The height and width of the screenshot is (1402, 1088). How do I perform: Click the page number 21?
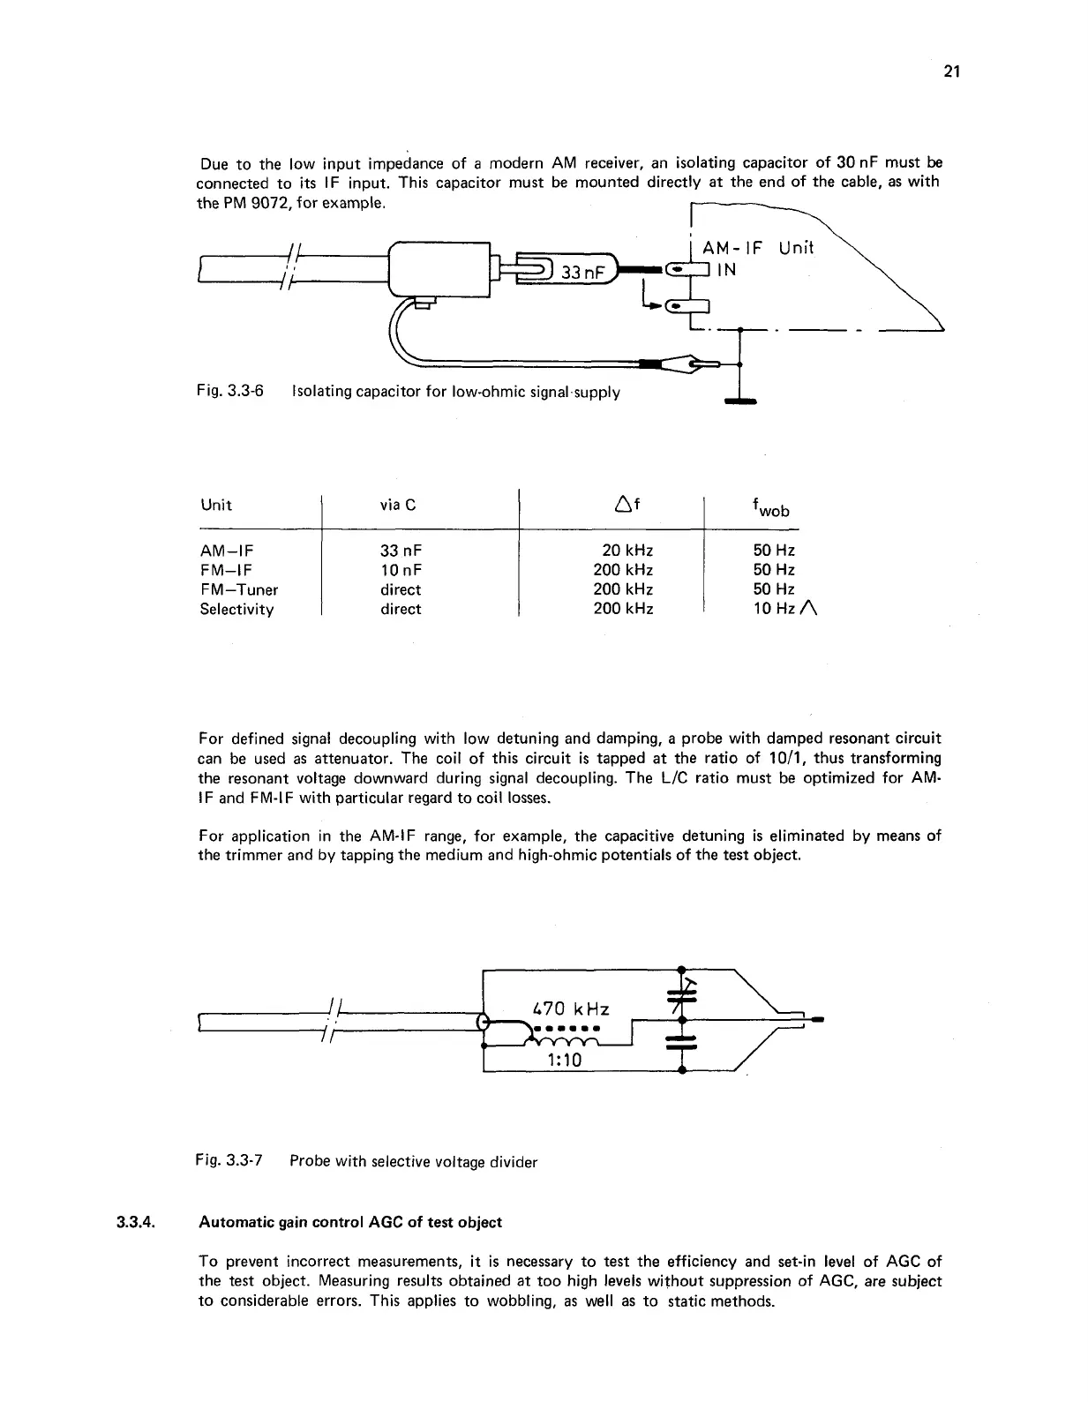pos(950,72)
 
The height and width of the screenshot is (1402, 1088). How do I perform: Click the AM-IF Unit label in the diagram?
pos(757,248)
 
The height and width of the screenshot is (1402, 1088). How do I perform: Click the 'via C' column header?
pos(397,505)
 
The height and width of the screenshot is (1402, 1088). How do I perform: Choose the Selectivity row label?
pos(236,609)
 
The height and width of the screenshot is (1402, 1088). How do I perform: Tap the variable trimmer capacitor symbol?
pos(684,993)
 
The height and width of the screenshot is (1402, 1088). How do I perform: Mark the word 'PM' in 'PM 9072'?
pos(236,203)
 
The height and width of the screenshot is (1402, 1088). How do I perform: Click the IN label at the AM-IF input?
pos(726,270)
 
